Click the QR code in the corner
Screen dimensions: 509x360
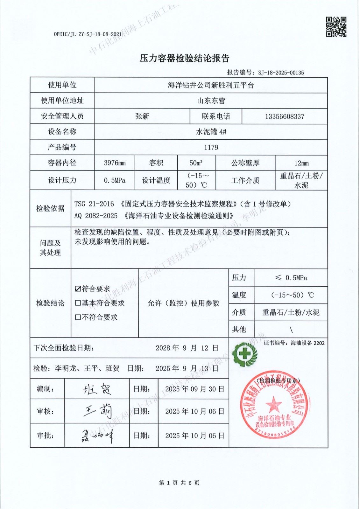336,27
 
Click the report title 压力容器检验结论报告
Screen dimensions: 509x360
184,58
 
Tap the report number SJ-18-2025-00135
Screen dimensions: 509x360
281,73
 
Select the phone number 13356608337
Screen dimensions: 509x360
285,116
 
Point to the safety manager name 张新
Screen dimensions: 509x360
142,116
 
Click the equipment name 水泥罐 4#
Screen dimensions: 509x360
211,132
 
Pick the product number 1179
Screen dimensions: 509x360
211,147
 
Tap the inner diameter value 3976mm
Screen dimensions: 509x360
115,163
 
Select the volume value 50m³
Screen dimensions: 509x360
196,163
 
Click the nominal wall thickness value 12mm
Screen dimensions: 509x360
301,163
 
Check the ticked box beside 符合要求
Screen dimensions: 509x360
78,289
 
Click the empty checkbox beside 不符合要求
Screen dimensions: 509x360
78,317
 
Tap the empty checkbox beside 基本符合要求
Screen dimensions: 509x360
78,303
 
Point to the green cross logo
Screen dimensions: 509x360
244,354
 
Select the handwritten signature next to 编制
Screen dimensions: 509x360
97,389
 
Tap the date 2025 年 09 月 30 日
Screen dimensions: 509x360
194,389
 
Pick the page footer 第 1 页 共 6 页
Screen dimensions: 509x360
179,483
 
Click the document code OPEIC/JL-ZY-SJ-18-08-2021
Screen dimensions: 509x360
88,34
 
